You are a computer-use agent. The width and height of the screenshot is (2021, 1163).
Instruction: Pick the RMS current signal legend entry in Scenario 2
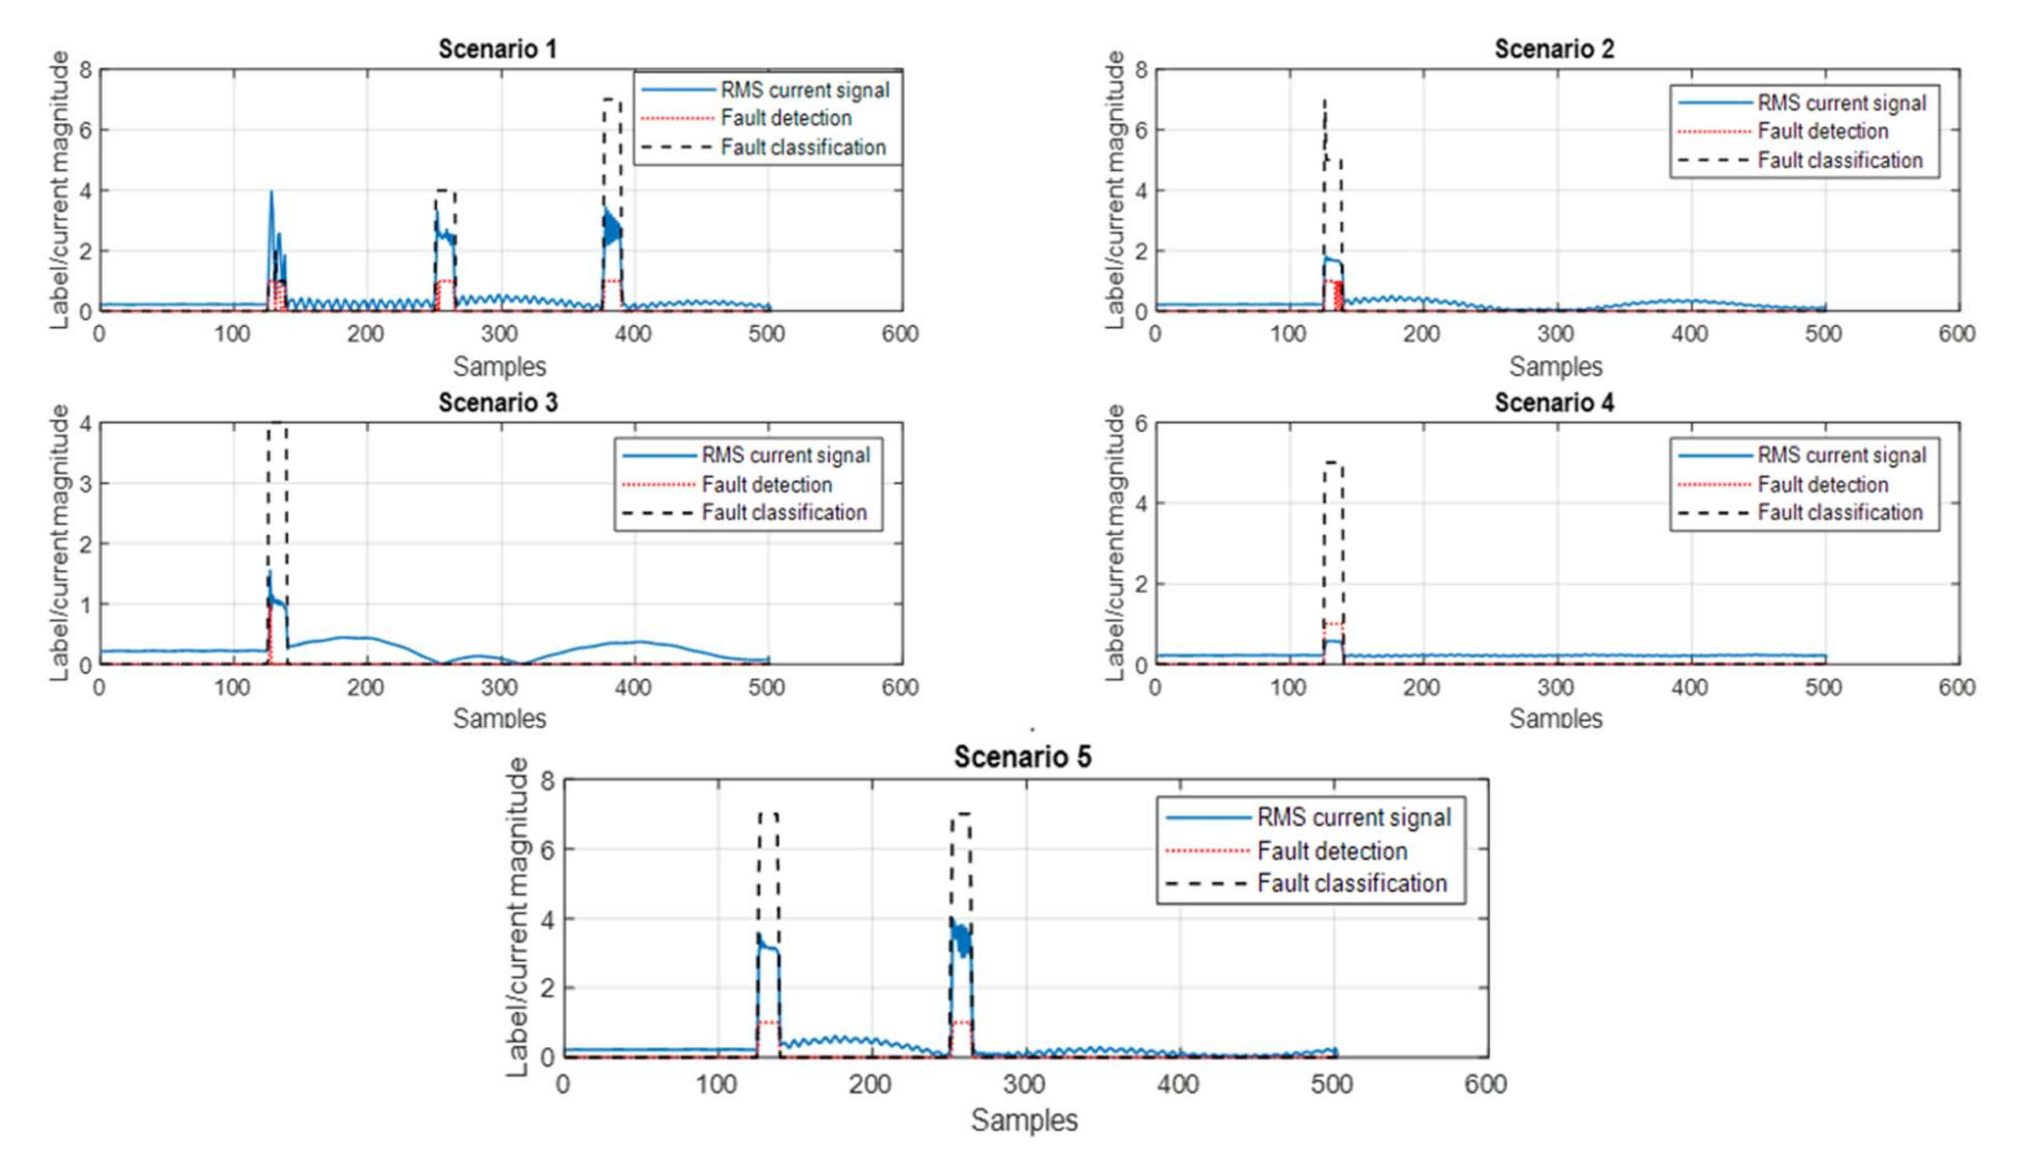coord(1841,103)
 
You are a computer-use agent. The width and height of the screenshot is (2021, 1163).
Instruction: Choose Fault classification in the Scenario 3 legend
coord(784,513)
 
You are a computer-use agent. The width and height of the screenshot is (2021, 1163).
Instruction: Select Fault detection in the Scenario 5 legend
coord(1332,851)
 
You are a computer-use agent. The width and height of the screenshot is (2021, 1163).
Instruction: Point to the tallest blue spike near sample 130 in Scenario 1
coord(271,192)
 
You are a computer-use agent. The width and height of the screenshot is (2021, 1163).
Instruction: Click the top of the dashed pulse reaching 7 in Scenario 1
coord(612,100)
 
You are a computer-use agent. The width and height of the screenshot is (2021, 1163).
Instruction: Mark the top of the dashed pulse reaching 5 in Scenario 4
coord(1332,463)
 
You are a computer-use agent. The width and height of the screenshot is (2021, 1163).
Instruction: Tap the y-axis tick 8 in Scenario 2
coord(1141,70)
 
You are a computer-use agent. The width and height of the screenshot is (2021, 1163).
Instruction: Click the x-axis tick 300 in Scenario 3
coord(500,687)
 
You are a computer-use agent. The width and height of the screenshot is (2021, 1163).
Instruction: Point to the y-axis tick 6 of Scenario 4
coord(1141,423)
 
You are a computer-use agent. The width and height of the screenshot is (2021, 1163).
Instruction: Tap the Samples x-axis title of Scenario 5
coord(1024,1120)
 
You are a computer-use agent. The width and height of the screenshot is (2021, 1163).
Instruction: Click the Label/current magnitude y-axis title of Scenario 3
coord(60,543)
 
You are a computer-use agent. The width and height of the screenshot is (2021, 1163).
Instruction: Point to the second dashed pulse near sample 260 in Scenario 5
coord(961,815)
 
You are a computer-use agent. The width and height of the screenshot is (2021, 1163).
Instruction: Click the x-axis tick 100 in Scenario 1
coord(233,334)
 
